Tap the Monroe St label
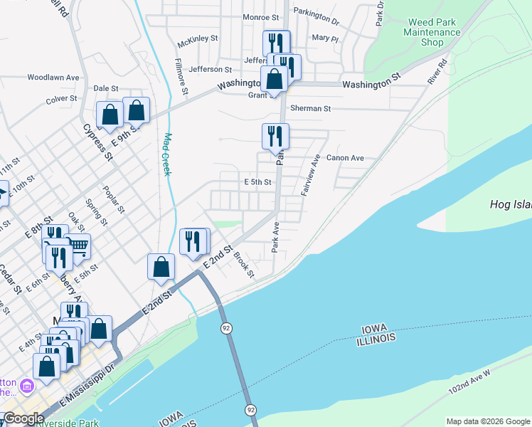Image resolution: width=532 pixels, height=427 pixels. (260, 17)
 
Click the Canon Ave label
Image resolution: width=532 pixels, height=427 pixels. (345, 158)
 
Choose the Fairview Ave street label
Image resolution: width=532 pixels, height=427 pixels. (309, 176)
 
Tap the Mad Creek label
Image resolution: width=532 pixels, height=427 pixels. (168, 155)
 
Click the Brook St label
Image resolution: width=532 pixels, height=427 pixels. (244, 265)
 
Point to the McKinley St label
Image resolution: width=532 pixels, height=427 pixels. (197, 39)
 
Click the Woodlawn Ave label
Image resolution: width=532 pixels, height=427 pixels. (53, 77)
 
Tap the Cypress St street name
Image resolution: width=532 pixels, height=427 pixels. (98, 142)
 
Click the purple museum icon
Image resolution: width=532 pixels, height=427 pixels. (28, 387)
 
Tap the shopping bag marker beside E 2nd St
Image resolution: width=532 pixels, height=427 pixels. (161, 266)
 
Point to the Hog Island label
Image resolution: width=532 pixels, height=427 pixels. (511, 205)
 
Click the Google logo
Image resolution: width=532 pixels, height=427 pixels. (23, 418)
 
